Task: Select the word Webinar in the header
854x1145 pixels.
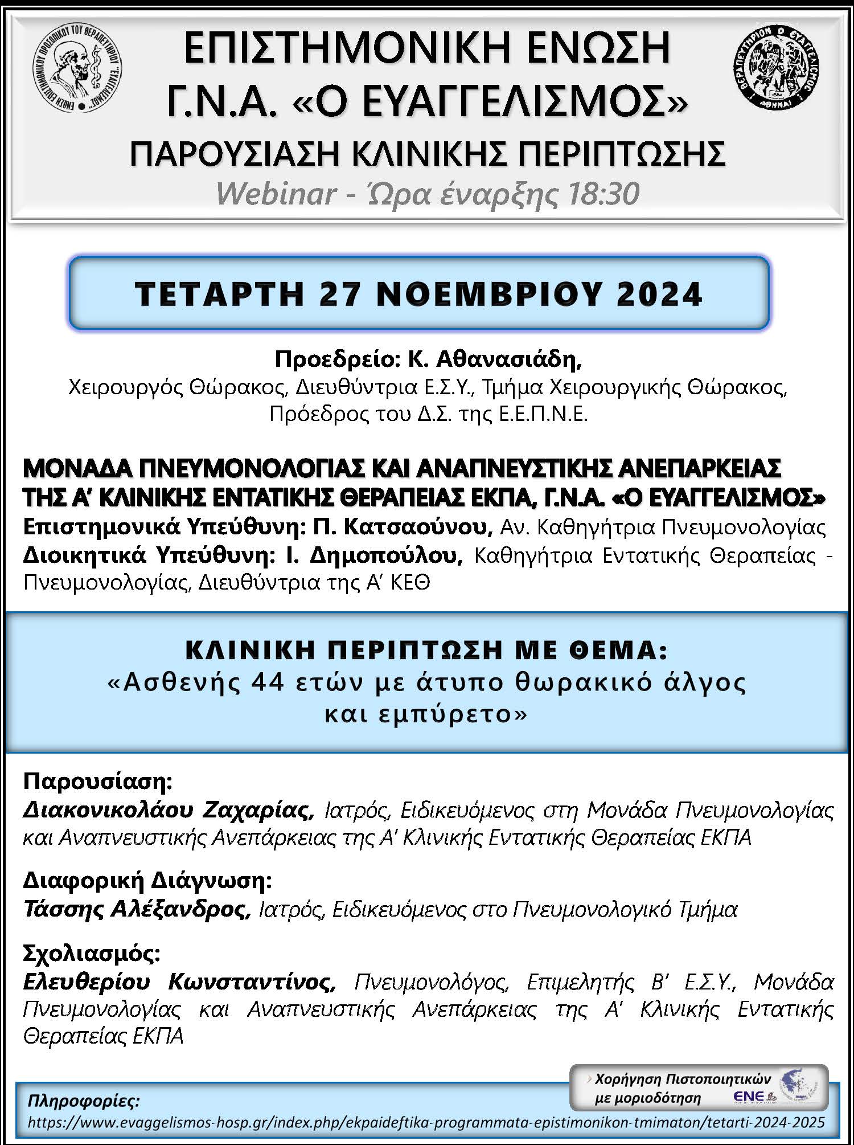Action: (x=276, y=194)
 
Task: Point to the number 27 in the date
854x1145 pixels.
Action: (x=341, y=294)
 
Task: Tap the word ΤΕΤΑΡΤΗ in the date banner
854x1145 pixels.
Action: (x=220, y=294)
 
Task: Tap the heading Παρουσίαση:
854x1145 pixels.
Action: (x=97, y=781)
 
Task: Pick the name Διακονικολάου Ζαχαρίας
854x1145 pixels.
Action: (x=169, y=809)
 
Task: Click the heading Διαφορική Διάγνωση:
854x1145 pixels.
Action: (x=147, y=881)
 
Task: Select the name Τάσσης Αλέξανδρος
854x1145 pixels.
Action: (x=137, y=910)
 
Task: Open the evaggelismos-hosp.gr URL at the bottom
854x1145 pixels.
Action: (x=426, y=1123)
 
